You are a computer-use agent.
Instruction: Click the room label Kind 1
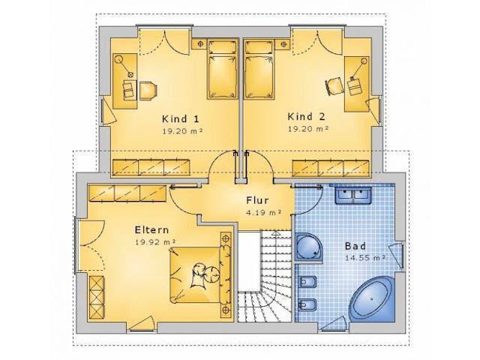coord(181,118)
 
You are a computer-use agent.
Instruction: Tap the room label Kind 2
coord(307,117)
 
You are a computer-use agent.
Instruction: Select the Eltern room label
coord(151,230)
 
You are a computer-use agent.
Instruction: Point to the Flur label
coord(257,200)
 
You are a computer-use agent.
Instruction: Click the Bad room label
coord(355,246)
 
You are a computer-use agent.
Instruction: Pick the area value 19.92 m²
coord(155,242)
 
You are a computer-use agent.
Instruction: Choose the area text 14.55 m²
coord(365,258)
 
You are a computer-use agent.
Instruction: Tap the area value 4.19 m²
coord(263,212)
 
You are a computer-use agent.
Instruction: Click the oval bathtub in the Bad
coord(372,298)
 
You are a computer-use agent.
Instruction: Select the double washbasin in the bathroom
coord(353,195)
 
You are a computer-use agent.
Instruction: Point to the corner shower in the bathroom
coord(309,247)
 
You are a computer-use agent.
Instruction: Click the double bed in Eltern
coord(200,273)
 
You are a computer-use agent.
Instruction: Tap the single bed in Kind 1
coord(223,70)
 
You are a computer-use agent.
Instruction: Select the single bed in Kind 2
coord(259,70)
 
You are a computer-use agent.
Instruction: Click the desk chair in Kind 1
coord(148,91)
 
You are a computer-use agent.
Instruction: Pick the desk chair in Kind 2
coord(334,85)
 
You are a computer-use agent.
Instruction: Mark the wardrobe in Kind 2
coord(331,168)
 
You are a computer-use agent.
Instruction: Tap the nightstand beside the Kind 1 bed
coord(199,43)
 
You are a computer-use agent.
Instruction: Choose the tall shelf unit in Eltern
coord(96,298)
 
